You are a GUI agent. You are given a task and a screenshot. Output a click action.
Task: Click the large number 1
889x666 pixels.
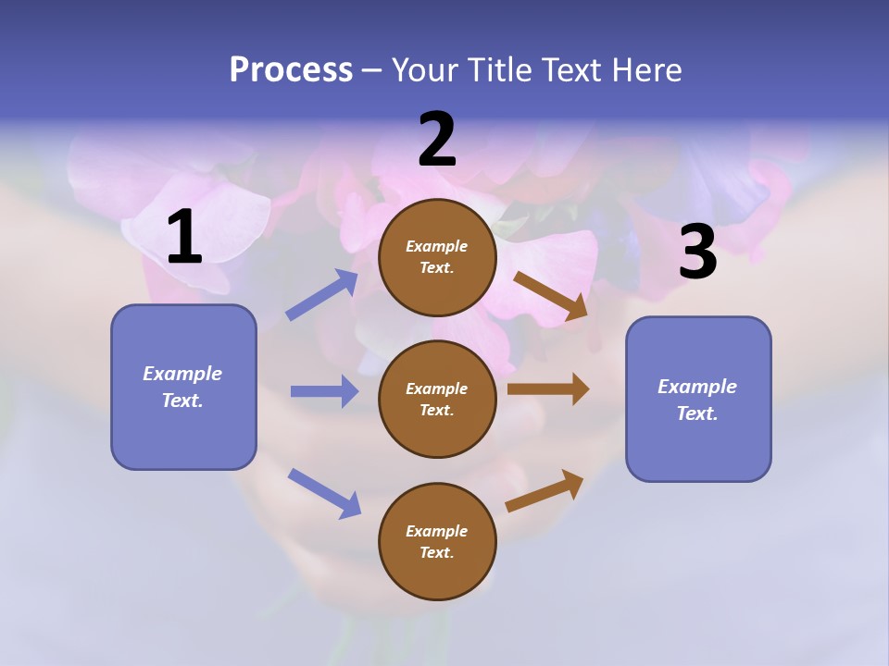[184, 238]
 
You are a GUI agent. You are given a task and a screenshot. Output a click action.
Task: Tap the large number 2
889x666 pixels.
[437, 141]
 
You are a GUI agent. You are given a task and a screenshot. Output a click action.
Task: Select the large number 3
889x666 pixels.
[697, 253]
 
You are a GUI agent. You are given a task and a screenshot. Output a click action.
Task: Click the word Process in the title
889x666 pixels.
[291, 69]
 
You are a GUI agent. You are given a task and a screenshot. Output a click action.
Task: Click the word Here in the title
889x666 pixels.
[645, 69]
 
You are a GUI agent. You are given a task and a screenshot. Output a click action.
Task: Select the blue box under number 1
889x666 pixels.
[183, 387]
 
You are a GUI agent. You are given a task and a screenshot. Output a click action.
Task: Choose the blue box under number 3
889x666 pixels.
[698, 399]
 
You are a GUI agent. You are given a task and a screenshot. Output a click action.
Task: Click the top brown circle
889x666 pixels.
[437, 257]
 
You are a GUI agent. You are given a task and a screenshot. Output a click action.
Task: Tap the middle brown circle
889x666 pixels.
[437, 399]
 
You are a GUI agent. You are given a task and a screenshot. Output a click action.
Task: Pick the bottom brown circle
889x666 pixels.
[437, 541]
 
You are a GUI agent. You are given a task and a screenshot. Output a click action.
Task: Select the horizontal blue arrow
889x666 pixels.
[324, 391]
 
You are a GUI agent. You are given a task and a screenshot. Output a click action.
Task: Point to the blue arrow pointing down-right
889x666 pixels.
[324, 493]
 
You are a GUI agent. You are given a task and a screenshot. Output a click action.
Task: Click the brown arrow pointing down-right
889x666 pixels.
[551, 296]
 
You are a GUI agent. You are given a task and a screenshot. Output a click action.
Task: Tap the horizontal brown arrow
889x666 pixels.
[548, 389]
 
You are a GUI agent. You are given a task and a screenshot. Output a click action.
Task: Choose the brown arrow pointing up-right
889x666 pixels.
[545, 491]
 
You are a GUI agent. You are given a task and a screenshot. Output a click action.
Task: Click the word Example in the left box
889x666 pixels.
[182, 374]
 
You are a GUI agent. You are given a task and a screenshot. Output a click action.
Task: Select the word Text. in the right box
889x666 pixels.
[697, 413]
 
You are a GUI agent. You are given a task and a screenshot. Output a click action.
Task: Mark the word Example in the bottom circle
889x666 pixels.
[436, 531]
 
